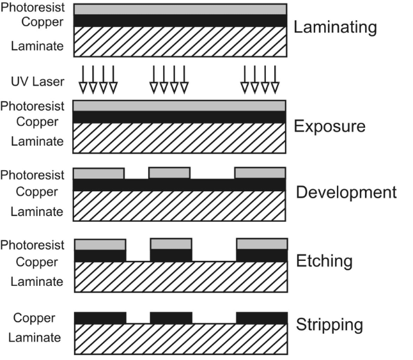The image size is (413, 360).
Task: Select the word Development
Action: (346, 192)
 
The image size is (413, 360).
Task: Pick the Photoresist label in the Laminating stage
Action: (33, 8)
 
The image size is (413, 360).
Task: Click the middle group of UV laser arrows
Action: (168, 79)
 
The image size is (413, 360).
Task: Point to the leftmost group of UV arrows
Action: (98, 79)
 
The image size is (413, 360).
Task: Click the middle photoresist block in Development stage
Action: (169, 173)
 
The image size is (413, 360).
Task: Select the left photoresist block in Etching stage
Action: (100, 244)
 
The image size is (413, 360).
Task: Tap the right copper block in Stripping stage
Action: (261, 318)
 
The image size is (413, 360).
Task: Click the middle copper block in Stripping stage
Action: (171, 318)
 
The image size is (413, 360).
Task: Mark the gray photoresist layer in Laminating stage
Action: (180, 10)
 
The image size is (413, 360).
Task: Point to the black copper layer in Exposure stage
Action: (180, 118)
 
